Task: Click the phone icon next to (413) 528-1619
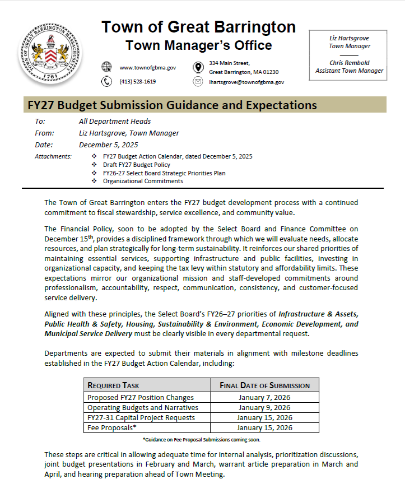pos(106,82)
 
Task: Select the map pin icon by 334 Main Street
pos(198,67)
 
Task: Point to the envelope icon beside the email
pos(198,82)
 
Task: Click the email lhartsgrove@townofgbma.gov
pos(246,82)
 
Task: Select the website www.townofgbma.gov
pos(148,68)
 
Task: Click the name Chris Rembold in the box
pos(350,63)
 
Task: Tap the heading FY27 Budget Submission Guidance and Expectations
pos(172,105)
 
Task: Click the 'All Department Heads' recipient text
pos(115,121)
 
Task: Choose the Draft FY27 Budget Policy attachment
pos(137,165)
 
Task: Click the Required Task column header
pos(114,385)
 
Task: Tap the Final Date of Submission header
pos(264,385)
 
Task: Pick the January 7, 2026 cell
pos(264,397)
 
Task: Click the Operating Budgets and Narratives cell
pos(143,407)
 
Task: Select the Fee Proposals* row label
pos(112,427)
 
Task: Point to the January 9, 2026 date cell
pos(264,407)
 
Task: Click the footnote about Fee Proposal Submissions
pos(201,440)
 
